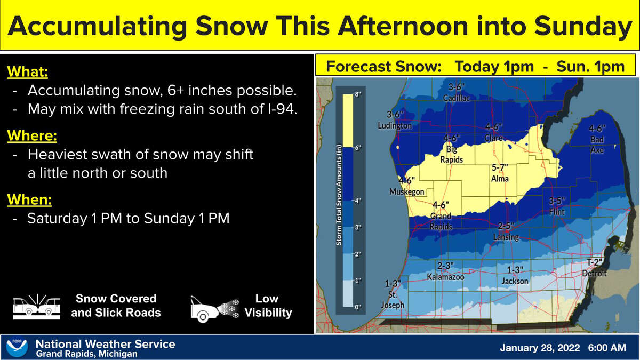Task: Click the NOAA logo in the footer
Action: (17, 348)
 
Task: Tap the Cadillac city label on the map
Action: (457, 98)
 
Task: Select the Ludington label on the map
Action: (395, 125)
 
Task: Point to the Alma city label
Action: (500, 179)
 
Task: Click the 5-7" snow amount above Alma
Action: (500, 167)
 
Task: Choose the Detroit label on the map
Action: (594, 274)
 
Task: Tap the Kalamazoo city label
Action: (445, 277)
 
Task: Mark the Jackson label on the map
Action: (515, 281)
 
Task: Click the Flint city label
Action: (557, 212)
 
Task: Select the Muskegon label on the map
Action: (407, 191)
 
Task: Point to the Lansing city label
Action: (506, 237)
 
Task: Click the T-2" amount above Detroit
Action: (594, 262)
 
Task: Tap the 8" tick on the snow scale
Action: (358, 94)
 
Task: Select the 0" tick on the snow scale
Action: (358, 307)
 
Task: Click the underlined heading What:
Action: (27, 71)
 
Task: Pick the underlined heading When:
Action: (29, 199)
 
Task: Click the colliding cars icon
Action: (37, 307)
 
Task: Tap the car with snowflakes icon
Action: (215, 309)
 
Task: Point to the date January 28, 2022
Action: (540, 348)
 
